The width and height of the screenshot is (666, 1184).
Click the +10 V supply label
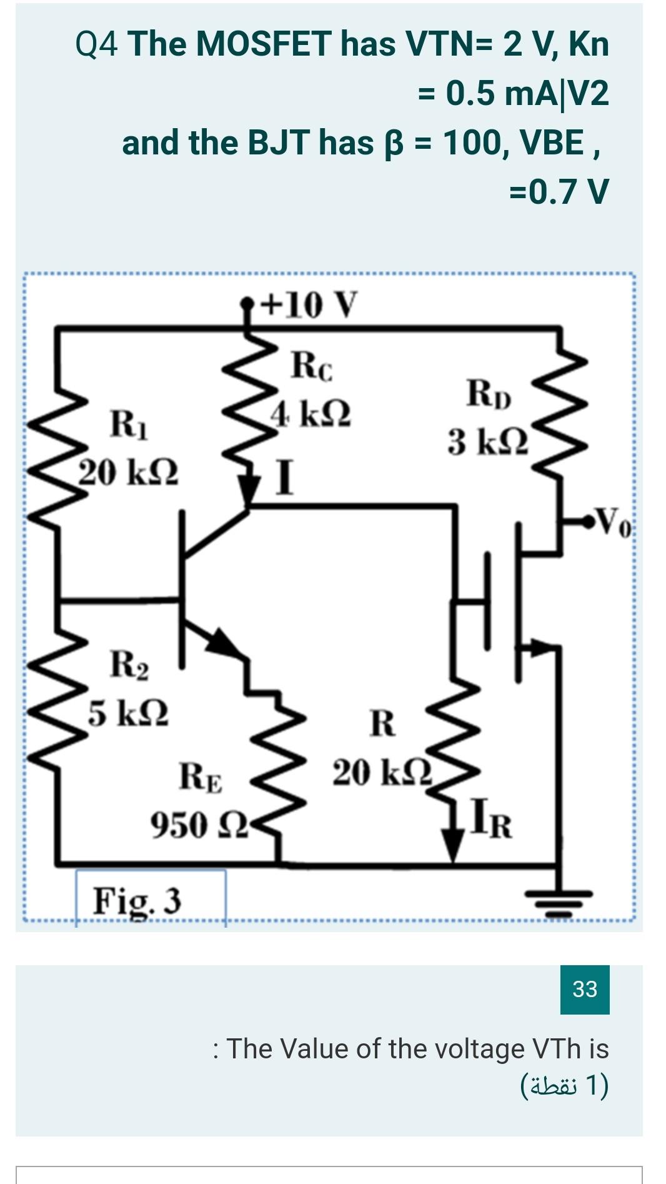pos(309,305)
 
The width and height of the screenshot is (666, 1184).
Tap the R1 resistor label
pos(129,424)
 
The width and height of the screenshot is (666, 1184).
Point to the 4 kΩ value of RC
pos(311,413)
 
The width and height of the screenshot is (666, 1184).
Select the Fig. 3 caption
pos(137,901)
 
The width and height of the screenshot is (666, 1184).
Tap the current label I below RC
pos(284,478)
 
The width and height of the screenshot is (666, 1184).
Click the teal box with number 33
pos(584,989)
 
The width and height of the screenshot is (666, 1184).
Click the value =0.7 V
pos(559,191)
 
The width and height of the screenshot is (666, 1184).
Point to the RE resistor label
pos(201,777)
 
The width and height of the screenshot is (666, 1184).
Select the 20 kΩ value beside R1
pos(128,472)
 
